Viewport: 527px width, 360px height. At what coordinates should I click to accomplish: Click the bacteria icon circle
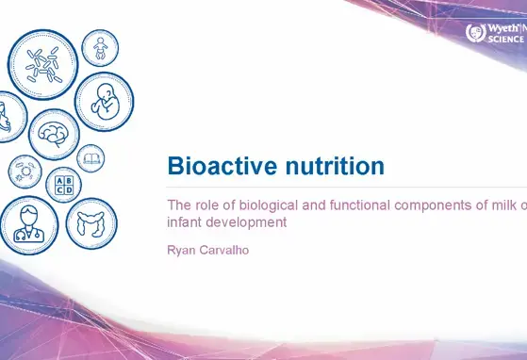point(42,64)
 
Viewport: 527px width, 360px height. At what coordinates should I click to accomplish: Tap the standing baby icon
point(99,47)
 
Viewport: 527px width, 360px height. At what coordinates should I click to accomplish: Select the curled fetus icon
point(104,102)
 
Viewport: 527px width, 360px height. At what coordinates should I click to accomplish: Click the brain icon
point(54,134)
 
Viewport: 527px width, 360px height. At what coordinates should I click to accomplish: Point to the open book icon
point(91,157)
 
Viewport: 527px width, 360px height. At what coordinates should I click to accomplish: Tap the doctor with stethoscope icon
point(28,224)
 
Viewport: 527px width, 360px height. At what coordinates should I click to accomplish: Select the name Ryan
point(184,251)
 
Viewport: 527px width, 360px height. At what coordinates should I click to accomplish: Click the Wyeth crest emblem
point(475,32)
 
